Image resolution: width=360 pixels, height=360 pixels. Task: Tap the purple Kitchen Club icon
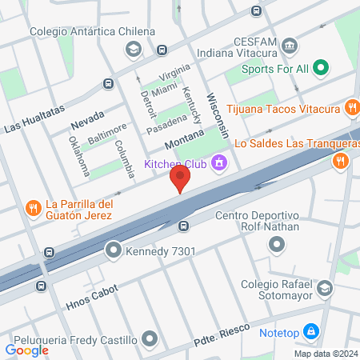[x=218, y=164]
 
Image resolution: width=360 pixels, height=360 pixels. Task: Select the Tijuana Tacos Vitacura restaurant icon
[x=351, y=107]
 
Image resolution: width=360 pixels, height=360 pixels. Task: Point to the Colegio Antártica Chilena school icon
[x=133, y=50]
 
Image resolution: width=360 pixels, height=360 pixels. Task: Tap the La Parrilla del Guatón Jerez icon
[x=33, y=209]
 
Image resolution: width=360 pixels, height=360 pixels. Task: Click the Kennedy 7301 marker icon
[x=113, y=250]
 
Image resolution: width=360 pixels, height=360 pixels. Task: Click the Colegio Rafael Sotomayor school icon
[x=324, y=288]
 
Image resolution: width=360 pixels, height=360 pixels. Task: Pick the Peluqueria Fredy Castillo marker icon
[x=148, y=339]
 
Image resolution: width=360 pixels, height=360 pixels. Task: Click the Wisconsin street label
[x=218, y=112]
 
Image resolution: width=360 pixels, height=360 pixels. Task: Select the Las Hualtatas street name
[x=34, y=122]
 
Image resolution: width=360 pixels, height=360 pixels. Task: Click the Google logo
[x=27, y=349]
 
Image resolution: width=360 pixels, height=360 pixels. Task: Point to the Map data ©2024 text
[x=324, y=354]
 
